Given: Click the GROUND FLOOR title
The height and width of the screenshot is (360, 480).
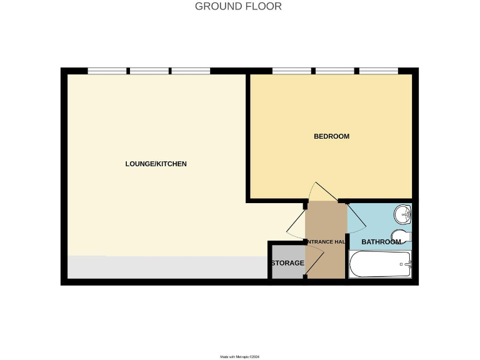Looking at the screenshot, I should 238,6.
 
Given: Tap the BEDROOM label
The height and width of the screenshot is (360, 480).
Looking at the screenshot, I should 331,136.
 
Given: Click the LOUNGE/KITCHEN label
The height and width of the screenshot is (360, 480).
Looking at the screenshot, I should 156,164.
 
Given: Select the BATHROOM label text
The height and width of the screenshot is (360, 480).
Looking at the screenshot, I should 381,242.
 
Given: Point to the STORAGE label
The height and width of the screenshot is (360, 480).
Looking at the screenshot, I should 287,263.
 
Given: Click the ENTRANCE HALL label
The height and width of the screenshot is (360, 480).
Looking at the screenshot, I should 326,242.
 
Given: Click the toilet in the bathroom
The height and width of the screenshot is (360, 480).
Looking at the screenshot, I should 403,236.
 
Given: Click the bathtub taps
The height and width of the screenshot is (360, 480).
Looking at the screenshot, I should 407,265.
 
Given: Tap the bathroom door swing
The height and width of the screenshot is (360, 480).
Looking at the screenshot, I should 357,219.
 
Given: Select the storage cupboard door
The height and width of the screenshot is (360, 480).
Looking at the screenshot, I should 314,258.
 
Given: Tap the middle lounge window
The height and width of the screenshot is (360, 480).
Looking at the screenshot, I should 149,71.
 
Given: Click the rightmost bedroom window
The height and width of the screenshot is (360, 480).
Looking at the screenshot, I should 378,71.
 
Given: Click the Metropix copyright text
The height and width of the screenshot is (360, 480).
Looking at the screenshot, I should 239,357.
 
